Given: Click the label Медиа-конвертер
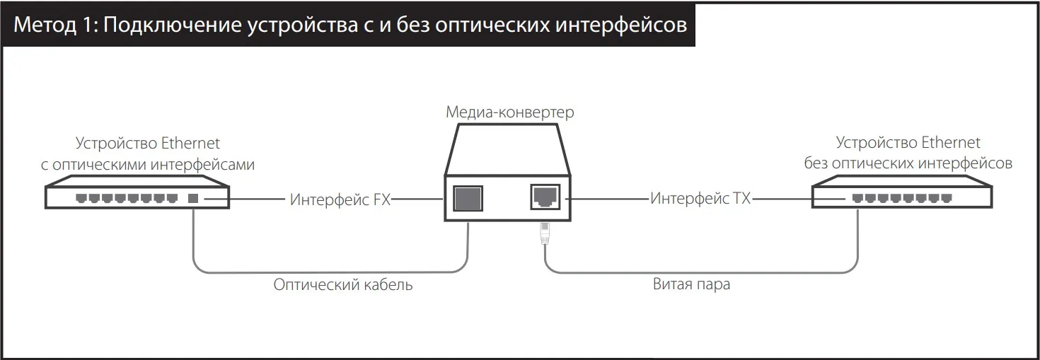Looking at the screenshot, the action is point(510,112).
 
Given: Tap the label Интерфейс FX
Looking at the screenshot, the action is point(340,199).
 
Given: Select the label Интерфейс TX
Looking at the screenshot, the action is point(700,199).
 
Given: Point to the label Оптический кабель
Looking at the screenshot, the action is point(342,284).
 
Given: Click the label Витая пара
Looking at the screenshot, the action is point(691,284).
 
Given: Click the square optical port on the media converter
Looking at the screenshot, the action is point(468,199).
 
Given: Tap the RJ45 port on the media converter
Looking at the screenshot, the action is point(545,197).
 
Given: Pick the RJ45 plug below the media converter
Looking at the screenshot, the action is point(545,233).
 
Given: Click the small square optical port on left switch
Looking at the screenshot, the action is point(193,199).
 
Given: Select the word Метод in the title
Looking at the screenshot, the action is point(45,25).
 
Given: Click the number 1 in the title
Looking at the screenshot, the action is point(88,25).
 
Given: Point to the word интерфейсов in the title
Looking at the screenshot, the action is point(621,25).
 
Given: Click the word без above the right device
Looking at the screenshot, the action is point(816,163).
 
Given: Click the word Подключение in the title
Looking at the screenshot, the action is point(172,25).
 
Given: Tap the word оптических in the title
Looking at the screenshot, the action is point(492,25).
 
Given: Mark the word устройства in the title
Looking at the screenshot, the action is point(302,25).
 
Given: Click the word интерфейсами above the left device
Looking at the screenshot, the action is point(202,164).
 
